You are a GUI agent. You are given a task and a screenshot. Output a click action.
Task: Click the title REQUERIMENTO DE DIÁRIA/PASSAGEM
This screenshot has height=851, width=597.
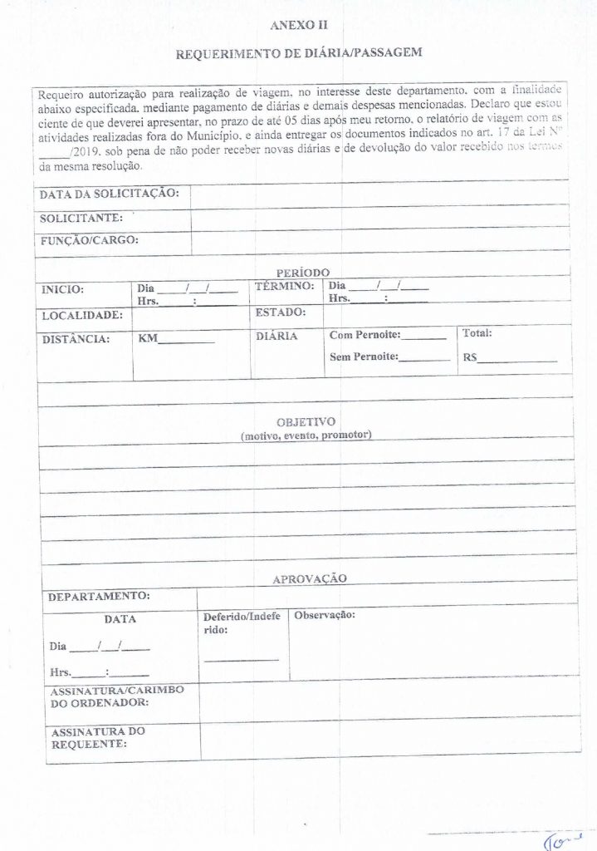click(299, 52)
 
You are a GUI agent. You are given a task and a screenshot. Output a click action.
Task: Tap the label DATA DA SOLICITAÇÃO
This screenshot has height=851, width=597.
click(109, 194)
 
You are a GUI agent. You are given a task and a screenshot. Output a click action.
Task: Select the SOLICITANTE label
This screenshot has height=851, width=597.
click(81, 219)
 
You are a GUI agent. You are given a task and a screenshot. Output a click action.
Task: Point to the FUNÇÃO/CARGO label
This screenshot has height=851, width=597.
click(89, 241)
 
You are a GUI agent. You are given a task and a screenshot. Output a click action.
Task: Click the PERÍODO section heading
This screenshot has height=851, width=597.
click(303, 272)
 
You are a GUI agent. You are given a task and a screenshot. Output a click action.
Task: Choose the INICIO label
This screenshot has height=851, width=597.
click(63, 290)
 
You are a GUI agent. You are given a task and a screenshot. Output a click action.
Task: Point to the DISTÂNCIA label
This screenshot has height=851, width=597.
click(76, 339)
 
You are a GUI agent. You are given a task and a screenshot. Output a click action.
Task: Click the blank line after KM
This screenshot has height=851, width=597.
click(187, 342)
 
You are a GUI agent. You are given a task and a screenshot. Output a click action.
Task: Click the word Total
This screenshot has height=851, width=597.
click(477, 333)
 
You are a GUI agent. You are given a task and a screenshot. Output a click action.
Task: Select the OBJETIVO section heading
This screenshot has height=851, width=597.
click(306, 421)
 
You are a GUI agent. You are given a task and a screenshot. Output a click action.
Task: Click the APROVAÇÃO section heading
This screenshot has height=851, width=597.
click(310, 578)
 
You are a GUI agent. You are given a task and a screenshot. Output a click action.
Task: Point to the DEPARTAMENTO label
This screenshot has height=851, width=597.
click(99, 596)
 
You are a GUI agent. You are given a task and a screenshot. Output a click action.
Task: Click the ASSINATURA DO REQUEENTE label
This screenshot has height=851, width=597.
click(98, 738)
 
